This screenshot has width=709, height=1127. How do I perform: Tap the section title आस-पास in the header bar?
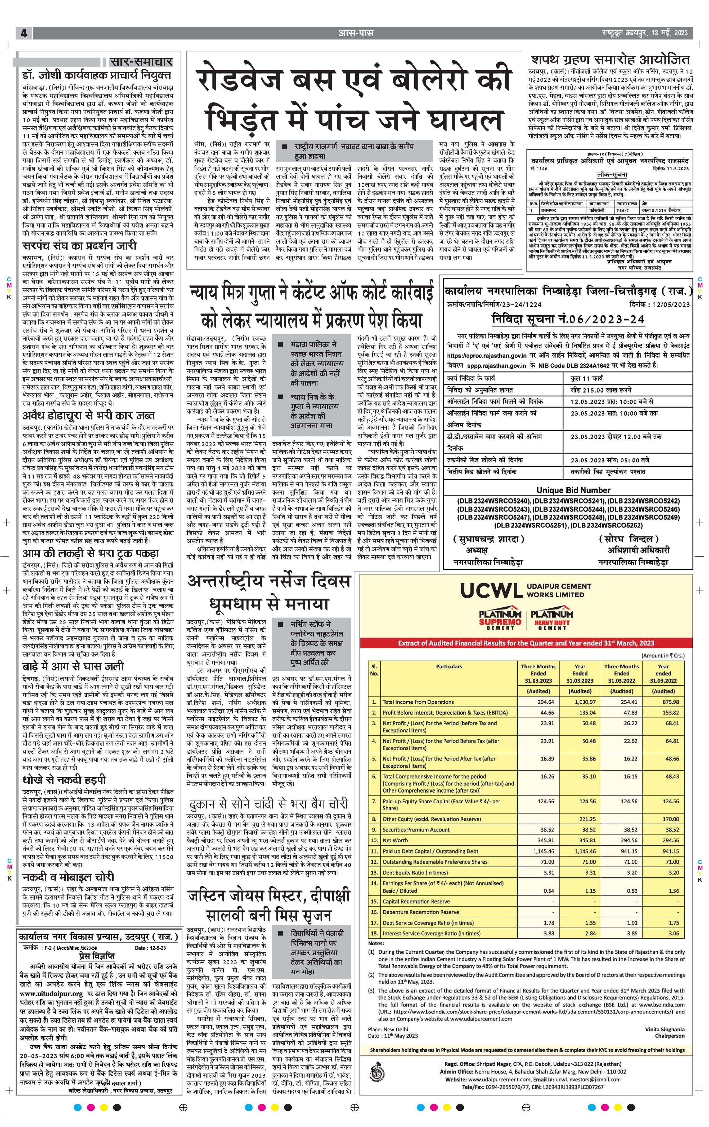pyautogui.click(x=356, y=33)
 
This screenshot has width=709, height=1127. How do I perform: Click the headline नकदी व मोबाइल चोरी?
pyautogui.click(x=68, y=877)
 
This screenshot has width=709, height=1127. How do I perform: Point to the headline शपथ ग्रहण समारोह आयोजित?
pyautogui.click(x=610, y=60)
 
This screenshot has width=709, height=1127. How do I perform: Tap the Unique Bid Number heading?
pyautogui.click(x=573, y=490)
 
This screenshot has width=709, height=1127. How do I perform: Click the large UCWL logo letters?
pyautogui.click(x=491, y=591)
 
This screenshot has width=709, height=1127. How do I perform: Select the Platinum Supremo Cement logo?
pyautogui.click(x=500, y=620)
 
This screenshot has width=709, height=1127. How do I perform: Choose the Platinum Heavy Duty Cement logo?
pyautogui.click(x=552, y=620)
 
